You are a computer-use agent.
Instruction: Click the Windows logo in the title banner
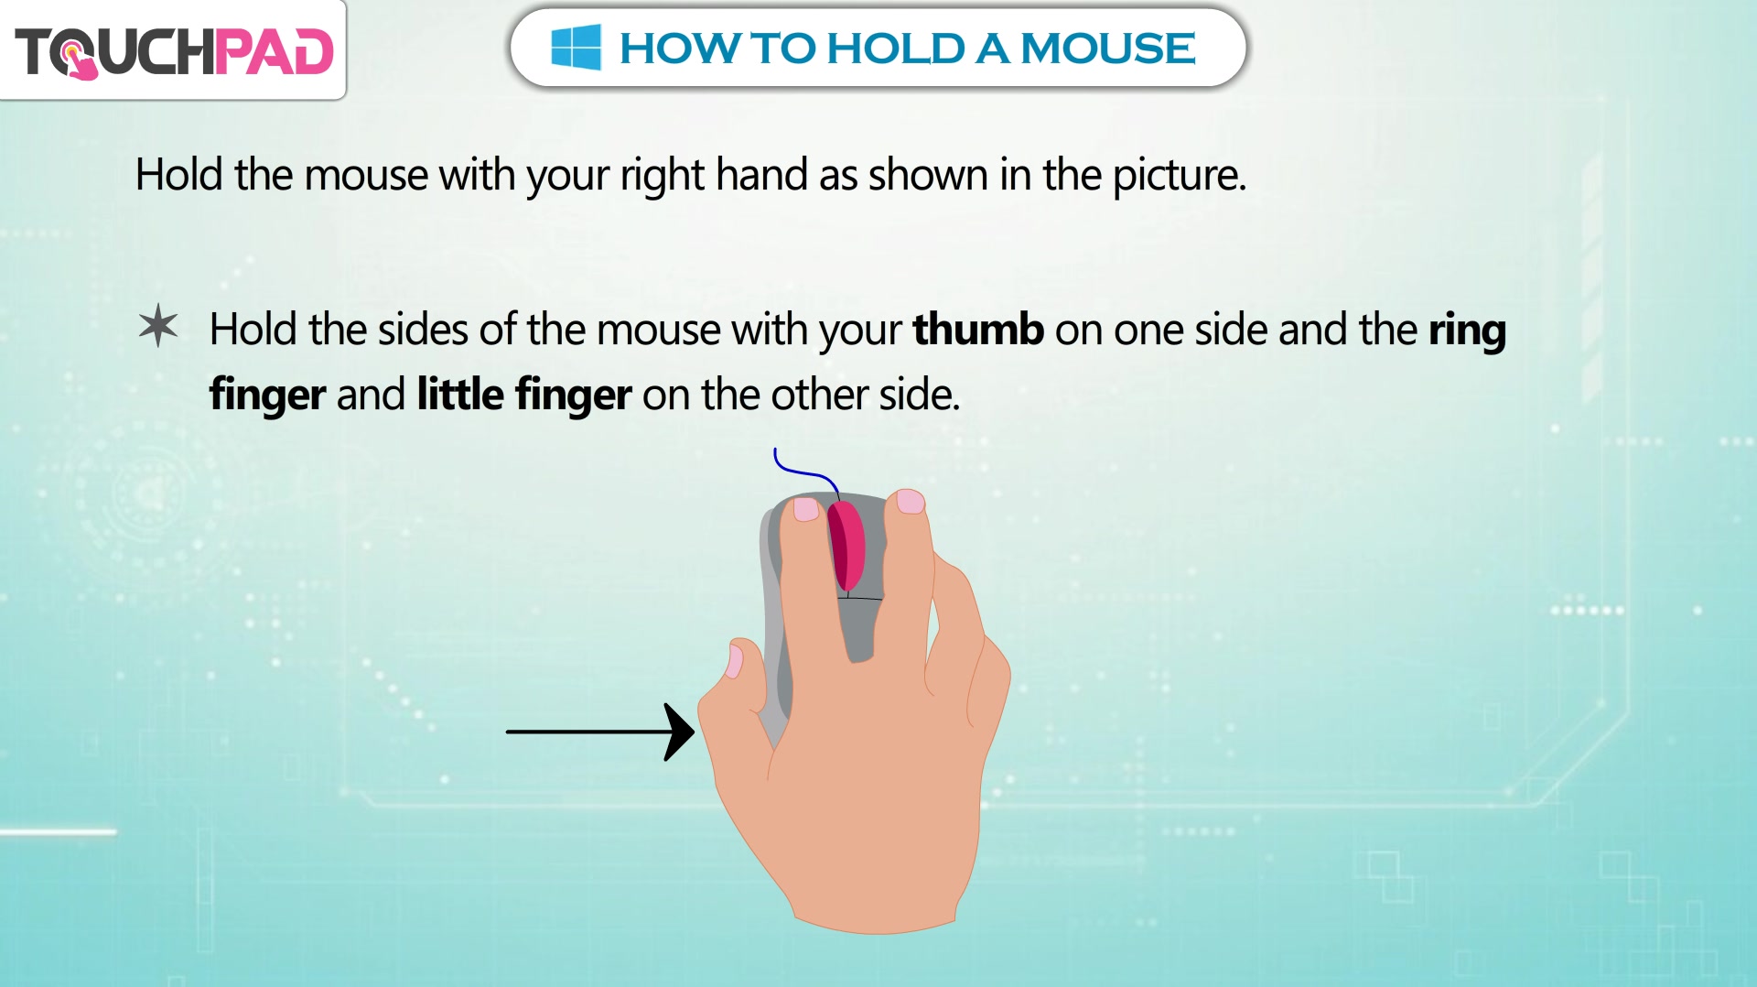(576, 48)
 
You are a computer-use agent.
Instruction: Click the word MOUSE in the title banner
(1108, 49)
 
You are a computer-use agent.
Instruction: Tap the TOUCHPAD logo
(174, 51)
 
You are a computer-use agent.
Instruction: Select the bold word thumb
(978, 329)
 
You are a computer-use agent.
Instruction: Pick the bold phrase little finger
(524, 396)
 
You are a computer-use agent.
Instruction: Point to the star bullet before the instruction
(158, 325)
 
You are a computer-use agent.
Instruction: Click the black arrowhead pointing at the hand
(678, 732)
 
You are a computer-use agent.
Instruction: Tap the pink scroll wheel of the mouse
(846, 546)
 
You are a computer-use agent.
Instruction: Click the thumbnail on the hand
(734, 660)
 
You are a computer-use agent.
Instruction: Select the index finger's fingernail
(806, 509)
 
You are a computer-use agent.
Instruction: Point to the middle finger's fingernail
(911, 501)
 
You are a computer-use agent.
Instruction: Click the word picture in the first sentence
(1180, 176)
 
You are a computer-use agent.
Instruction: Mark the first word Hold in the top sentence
(179, 174)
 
